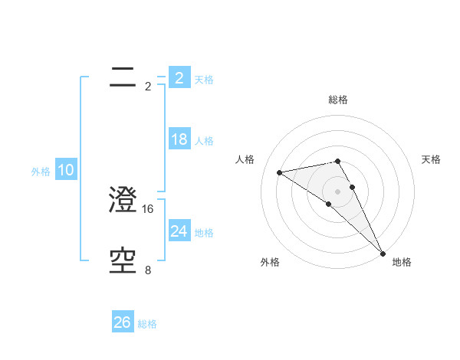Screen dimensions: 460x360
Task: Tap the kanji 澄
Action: [123, 201]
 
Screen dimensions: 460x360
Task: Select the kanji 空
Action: [123, 262]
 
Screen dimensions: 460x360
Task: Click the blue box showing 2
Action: [179, 77]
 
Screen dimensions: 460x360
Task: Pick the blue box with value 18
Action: [179, 139]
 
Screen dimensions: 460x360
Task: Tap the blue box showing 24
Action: [179, 231]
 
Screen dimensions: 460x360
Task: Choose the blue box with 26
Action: [122, 322]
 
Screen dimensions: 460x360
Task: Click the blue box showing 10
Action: [66, 170]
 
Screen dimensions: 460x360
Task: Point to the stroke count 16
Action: [149, 208]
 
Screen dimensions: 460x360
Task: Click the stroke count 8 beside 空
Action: [148, 270]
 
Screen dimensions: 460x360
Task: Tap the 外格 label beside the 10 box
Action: [41, 172]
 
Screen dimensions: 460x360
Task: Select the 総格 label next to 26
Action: [147, 324]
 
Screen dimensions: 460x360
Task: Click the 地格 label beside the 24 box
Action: [204, 233]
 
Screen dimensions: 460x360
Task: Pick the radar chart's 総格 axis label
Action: [337, 100]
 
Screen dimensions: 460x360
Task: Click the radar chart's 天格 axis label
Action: [431, 159]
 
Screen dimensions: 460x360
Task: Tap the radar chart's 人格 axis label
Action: [245, 159]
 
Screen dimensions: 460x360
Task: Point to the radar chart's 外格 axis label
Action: [269, 262]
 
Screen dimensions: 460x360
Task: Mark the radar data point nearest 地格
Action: [383, 253]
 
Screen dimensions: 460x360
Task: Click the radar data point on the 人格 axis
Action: [279, 172]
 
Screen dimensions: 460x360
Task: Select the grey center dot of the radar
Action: [337, 191]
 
